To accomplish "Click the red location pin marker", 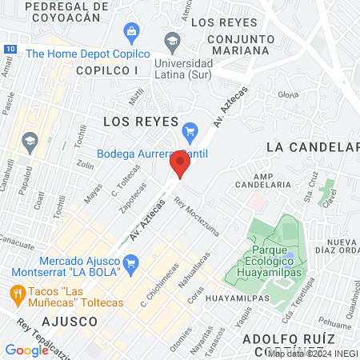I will [x=180, y=164].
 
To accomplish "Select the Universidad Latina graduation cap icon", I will [x=172, y=39].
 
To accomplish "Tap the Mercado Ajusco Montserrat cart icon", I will [x=131, y=262].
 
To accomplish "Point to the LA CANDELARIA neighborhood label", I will [x=312, y=147].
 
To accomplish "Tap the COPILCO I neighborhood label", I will [x=107, y=70].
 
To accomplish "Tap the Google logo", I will [x=26, y=350].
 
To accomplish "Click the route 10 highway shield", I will [x=8, y=49].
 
